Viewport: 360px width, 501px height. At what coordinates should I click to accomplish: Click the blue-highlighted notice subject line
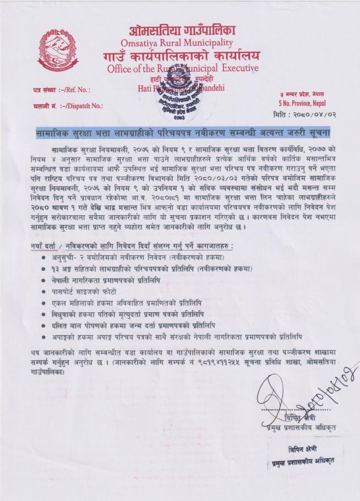180,134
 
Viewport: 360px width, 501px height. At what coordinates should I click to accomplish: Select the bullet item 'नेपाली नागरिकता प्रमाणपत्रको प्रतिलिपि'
109,280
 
